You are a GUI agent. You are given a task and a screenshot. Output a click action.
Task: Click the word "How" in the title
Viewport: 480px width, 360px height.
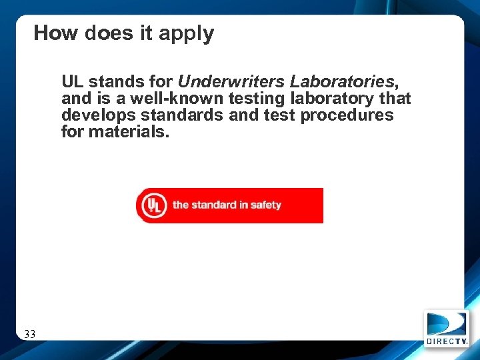57,33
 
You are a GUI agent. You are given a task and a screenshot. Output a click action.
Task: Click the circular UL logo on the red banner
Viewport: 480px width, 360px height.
152,205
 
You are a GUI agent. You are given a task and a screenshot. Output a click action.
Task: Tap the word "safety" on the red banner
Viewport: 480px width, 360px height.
266,205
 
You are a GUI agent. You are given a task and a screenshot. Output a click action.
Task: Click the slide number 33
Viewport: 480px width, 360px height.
29,334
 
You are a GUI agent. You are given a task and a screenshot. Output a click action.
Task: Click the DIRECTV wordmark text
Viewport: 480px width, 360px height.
447,341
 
